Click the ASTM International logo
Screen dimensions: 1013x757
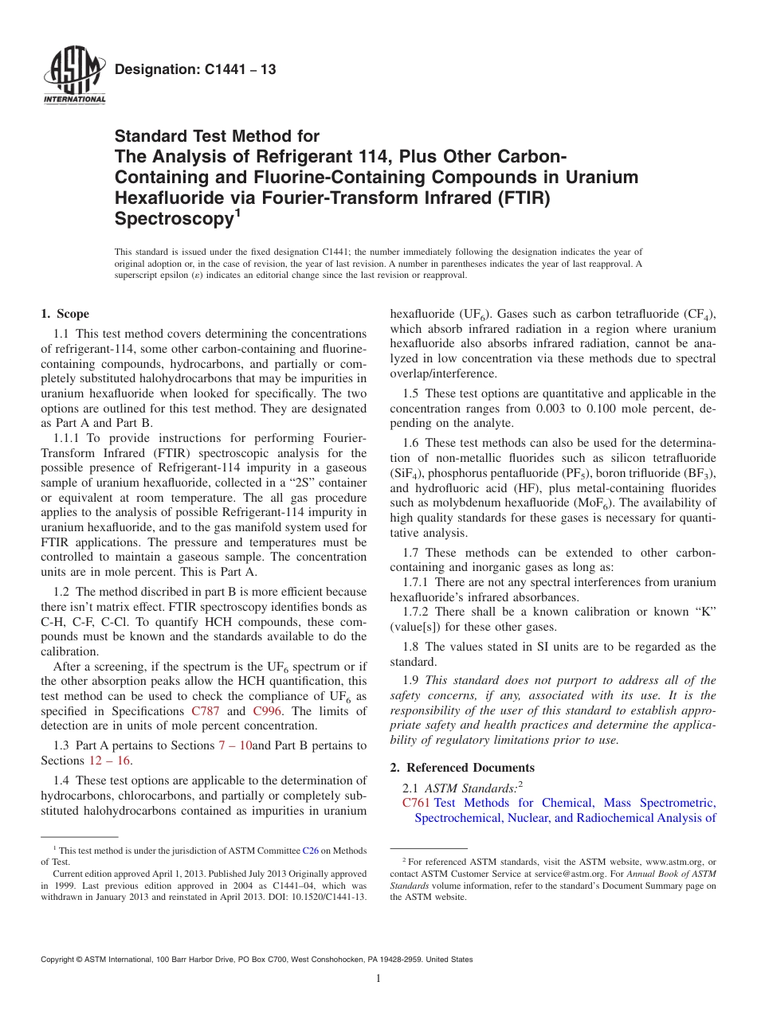click(73, 77)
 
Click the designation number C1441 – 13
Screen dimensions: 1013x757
click(195, 70)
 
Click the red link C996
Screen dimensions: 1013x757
click(266, 711)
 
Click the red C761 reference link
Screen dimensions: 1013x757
click(416, 803)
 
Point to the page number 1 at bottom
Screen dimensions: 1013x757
click(378, 979)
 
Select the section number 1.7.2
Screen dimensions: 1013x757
click(418, 612)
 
